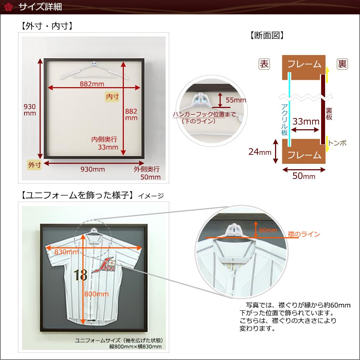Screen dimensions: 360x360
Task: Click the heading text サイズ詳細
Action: pyautogui.click(x=35, y=7)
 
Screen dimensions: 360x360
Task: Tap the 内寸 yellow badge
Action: pyautogui.click(x=112, y=96)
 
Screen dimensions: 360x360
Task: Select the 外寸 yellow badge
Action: pyautogui.click(x=35, y=165)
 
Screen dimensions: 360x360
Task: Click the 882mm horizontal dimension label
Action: pyautogui.click(x=92, y=84)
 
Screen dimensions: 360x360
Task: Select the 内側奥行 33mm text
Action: pyautogui.click(x=105, y=143)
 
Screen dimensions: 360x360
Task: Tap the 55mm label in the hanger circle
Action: pyautogui.click(x=236, y=100)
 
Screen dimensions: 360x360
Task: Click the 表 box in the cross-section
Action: pyautogui.click(x=264, y=64)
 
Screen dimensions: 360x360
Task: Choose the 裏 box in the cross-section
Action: pyautogui.click(x=342, y=64)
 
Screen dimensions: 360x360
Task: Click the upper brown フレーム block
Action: pyautogui.click(x=303, y=64)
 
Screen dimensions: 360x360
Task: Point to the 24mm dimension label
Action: pyautogui.click(x=260, y=152)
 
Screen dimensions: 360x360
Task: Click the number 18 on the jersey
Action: pyautogui.click(x=81, y=275)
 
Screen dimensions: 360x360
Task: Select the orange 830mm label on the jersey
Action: pyautogui.click(x=66, y=252)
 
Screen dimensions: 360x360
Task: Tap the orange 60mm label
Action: pyautogui.click(x=268, y=230)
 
